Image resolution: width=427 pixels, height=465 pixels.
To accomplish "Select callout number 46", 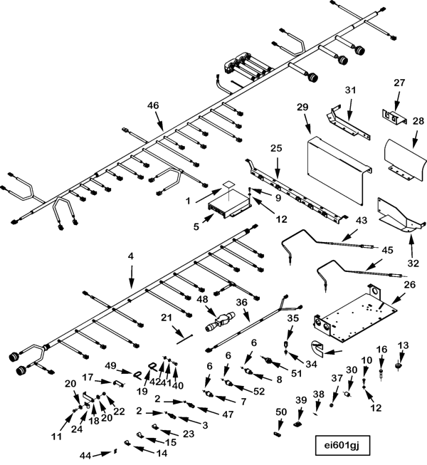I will tap(153, 105).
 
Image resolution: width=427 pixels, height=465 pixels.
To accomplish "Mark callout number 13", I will tap(404, 345).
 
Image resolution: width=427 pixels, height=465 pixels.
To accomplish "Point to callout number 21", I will tap(167, 317).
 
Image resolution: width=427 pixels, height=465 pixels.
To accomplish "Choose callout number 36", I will tap(242, 302).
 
